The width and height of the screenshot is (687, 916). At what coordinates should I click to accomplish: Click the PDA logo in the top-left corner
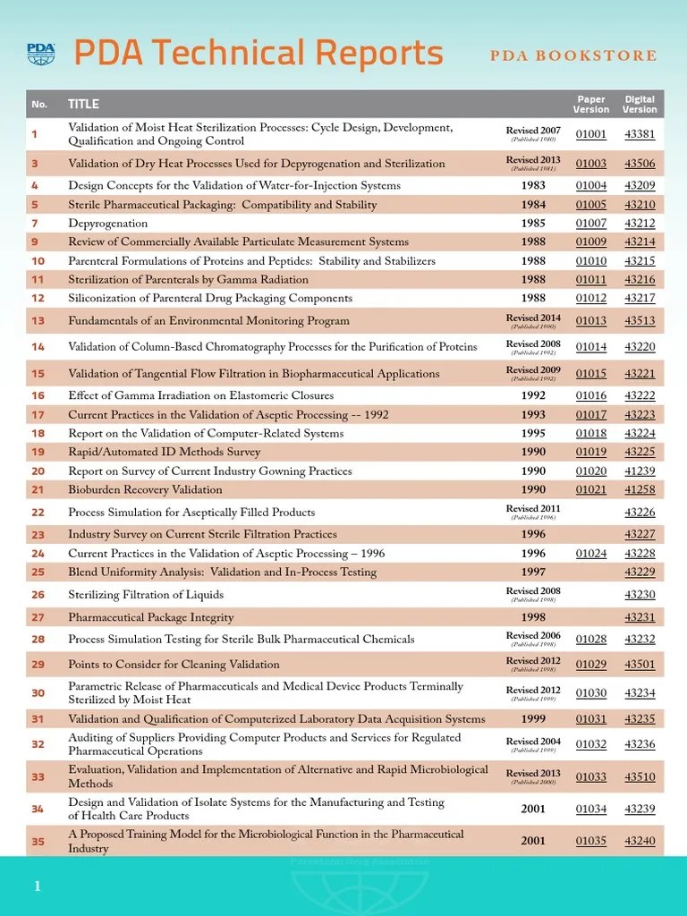pyautogui.click(x=40, y=54)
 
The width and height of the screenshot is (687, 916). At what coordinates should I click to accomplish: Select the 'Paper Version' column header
pyautogui.click(x=590, y=104)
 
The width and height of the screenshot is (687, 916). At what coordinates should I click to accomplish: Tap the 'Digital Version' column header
pyautogui.click(x=640, y=104)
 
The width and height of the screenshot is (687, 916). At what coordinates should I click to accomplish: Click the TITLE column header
pyautogui.click(x=83, y=104)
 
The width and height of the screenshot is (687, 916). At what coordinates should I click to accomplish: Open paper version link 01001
pyautogui.click(x=590, y=135)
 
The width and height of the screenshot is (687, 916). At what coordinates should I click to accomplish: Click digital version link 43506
pyautogui.click(x=640, y=164)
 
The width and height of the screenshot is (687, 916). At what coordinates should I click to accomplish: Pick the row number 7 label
pyautogui.click(x=35, y=223)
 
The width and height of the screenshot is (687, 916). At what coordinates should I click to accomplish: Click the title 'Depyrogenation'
pyautogui.click(x=108, y=223)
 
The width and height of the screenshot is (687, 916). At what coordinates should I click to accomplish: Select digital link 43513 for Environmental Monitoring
pyautogui.click(x=640, y=321)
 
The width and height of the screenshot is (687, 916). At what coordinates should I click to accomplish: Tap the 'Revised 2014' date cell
pyautogui.click(x=533, y=318)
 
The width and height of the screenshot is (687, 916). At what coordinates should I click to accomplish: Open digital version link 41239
pyautogui.click(x=640, y=471)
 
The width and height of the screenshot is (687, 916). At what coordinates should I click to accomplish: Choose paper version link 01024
pyautogui.click(x=590, y=554)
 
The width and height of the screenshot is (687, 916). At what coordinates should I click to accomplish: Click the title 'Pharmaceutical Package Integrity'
pyautogui.click(x=151, y=617)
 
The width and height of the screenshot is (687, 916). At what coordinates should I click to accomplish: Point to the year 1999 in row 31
pyautogui.click(x=533, y=719)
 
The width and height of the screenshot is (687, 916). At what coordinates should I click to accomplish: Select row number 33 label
pyautogui.click(x=38, y=776)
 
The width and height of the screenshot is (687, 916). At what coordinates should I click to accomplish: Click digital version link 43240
pyautogui.click(x=640, y=841)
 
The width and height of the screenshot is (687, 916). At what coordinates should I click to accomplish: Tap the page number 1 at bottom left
pyautogui.click(x=38, y=886)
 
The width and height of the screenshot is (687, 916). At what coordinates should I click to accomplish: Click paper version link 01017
pyautogui.click(x=590, y=415)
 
